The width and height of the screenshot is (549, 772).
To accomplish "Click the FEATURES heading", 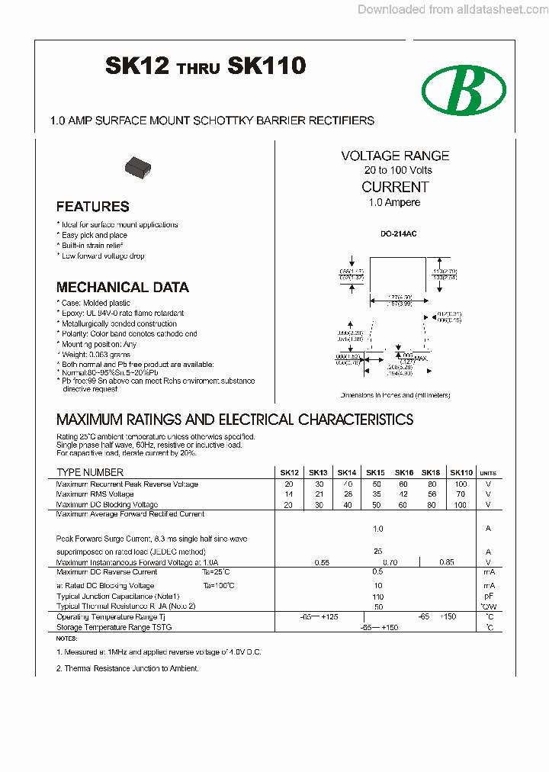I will [93, 207].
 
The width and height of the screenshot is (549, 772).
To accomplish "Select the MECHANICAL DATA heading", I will [123, 288].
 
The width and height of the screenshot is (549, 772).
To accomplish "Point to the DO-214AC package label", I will [395, 234].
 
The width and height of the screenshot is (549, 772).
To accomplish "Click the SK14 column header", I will [347, 472].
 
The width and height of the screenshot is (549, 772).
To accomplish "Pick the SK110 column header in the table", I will [461, 472].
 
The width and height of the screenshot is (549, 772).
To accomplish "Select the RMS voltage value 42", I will [403, 494].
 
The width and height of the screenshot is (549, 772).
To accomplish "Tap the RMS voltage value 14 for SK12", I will [288, 494].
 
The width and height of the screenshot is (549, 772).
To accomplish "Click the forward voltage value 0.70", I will [390, 562].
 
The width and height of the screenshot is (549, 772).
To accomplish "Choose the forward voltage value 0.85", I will [446, 562].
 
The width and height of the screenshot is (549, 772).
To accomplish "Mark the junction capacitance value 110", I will [377, 596].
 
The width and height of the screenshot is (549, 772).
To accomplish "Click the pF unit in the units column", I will [489, 596].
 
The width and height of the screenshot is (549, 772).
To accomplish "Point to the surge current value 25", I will [377, 551].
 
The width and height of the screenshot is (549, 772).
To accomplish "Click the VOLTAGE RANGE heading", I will [395, 156].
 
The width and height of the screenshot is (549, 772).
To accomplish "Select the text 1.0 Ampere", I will [395, 203].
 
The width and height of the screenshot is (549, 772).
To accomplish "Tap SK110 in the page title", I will [267, 66].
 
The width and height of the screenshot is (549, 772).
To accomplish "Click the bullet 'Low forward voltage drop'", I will [102, 256].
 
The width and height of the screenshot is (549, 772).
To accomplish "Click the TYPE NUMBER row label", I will [90, 472].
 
